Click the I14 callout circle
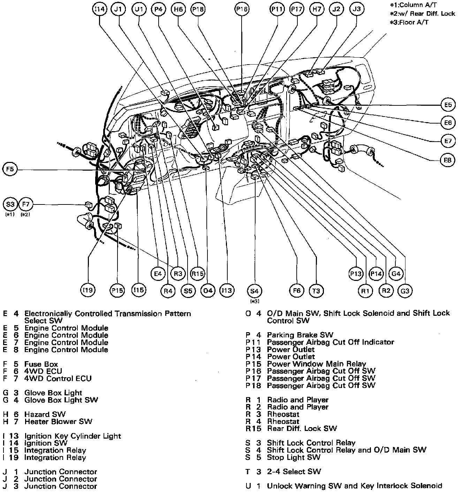(100, 9)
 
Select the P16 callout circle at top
(242, 9)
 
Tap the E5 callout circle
(448, 105)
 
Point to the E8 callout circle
(448, 160)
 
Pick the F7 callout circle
(25, 204)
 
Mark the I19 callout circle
(88, 290)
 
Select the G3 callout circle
(405, 291)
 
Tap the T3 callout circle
(316, 291)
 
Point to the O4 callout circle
(208, 291)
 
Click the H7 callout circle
(317, 9)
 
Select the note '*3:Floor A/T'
(409, 22)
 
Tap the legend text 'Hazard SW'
(45, 415)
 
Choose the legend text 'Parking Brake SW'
(300, 335)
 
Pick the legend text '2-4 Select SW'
(294, 472)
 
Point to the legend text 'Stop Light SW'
(294, 457)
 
